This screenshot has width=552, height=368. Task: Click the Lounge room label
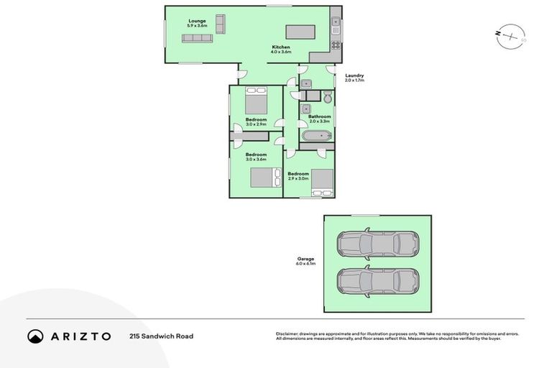pos(198,22)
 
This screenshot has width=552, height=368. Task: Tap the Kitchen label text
pos(280,47)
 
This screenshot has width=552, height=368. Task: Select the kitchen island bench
pos(300,32)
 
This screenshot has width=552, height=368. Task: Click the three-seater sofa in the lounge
pos(197,38)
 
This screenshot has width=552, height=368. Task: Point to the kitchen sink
pos(336,28)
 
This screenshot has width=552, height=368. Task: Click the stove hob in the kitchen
pos(335,45)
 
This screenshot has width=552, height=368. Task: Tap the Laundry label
pos(354,75)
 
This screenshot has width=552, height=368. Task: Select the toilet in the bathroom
pos(328,98)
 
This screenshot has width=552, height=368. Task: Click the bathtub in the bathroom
pos(316,135)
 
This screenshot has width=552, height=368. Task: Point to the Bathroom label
pos(320,116)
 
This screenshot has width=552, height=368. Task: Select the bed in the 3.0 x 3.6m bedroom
pos(265,178)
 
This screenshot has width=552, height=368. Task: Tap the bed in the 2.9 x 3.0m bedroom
pos(321,183)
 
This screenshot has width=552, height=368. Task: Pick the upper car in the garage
pos(378,244)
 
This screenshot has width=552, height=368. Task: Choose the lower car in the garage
pos(378,282)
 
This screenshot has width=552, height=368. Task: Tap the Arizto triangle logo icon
pos(35,336)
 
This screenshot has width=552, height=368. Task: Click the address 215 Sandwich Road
pos(161,336)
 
